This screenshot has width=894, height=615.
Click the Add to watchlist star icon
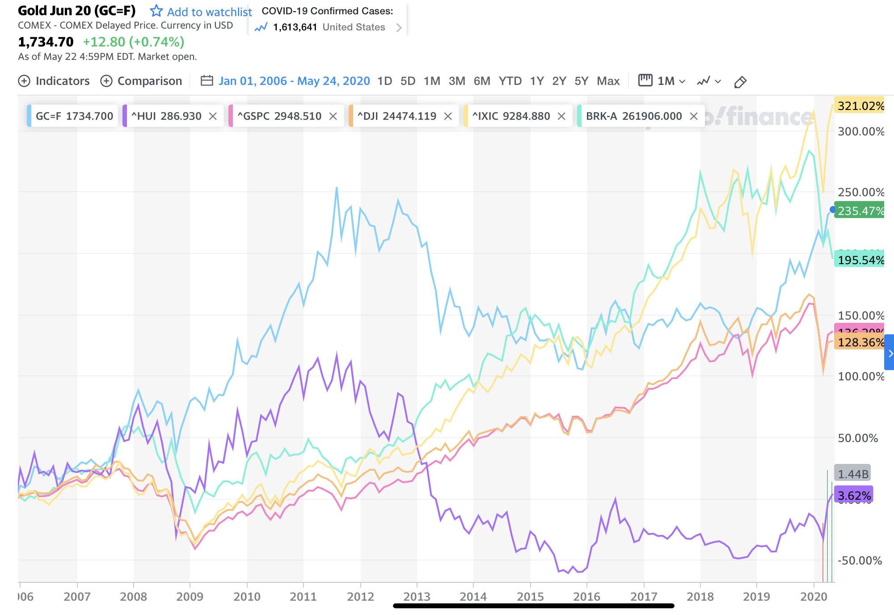[156, 11]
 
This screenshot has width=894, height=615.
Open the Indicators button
[54, 81]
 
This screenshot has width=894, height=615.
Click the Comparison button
[141, 81]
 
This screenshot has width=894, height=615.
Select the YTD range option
[510, 81]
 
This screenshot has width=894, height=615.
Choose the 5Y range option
[581, 81]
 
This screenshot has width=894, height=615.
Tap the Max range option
[608, 81]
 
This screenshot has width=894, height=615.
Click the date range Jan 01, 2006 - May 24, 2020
[294, 81]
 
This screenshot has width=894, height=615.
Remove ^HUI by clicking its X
[213, 116]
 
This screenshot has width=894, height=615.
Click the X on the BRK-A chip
[694, 116]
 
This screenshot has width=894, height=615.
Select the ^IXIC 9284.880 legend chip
[511, 116]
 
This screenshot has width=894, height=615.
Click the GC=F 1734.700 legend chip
[74, 116]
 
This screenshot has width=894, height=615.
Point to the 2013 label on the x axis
[417, 597]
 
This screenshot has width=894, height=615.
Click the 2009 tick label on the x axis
[190, 597]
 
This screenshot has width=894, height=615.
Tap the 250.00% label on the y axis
[860, 192]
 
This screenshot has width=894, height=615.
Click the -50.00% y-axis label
[860, 560]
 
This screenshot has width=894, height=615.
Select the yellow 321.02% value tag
[860, 106]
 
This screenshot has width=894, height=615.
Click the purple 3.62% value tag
[854, 496]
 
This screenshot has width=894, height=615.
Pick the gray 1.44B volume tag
[853, 474]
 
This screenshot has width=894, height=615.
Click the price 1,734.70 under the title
[46, 42]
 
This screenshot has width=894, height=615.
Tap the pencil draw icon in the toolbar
[740, 82]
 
